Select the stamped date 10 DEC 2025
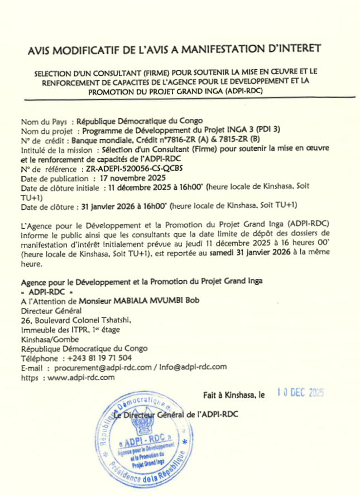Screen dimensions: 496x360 coord(301,392)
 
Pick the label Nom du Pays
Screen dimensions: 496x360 coord(44,121)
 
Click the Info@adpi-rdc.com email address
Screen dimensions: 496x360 coord(193,367)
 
